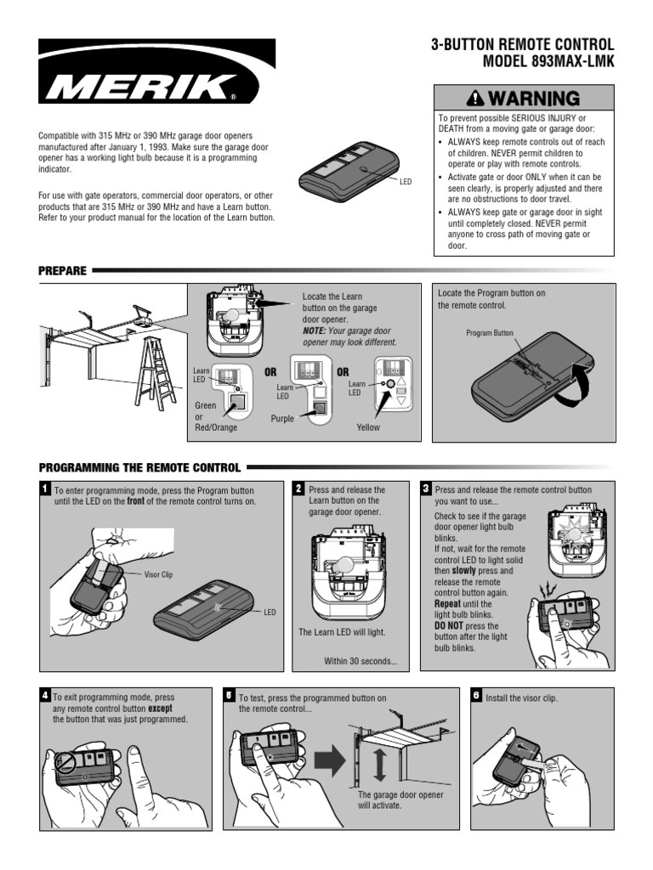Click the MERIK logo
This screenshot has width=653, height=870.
point(157,82)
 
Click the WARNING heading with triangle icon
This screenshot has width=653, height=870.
point(523,98)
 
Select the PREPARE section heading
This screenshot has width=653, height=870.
point(62,271)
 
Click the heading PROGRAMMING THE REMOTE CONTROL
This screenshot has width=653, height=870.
point(140,466)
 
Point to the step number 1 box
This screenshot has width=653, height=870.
point(44,489)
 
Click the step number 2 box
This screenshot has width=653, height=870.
point(298,489)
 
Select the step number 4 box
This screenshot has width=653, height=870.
point(44,695)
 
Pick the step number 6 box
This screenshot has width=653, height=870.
point(476,695)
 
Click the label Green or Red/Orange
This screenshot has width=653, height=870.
point(216,416)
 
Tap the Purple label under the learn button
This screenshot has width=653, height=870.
point(282,419)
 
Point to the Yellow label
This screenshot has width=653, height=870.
point(368,427)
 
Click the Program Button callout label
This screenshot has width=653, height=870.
point(489,333)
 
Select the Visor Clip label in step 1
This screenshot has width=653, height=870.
point(158,574)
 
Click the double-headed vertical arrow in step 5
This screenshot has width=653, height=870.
point(379,764)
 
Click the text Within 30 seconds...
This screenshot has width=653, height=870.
point(361,662)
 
